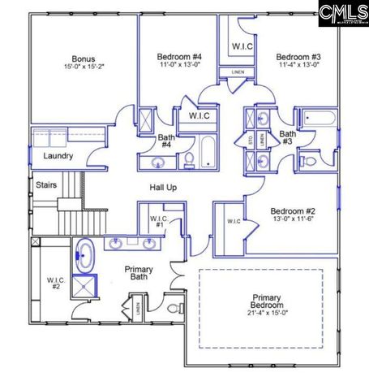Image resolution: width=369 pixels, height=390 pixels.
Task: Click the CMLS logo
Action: click(x=342, y=14)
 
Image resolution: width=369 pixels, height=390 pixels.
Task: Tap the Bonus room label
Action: click(x=83, y=59)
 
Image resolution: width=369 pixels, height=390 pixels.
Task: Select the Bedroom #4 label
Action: click(x=179, y=56)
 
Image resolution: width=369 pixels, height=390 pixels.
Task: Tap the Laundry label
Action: click(x=58, y=156)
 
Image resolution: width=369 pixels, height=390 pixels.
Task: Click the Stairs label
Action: click(x=45, y=185)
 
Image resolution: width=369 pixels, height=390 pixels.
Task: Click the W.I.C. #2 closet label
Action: click(x=56, y=284)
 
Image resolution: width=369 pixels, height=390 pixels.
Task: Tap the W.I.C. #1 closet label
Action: click(x=158, y=223)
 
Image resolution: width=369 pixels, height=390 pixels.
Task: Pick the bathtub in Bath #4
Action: click(x=208, y=153)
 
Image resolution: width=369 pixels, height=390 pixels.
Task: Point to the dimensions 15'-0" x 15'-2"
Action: click(x=83, y=67)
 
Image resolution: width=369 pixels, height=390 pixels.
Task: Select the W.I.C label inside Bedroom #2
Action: click(x=234, y=221)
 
